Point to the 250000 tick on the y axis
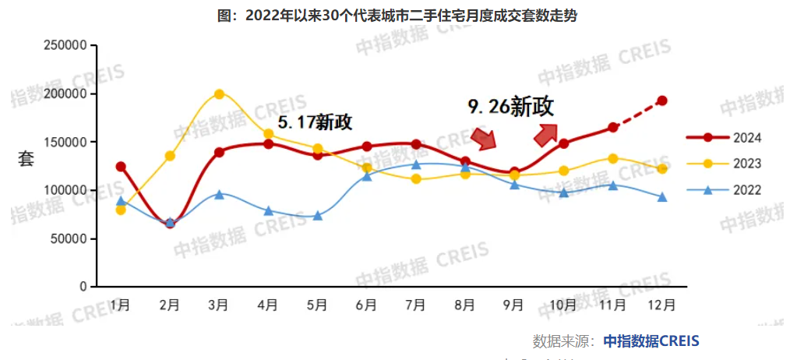click(65, 46)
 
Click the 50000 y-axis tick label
click(69, 238)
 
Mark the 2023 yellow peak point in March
click(219, 94)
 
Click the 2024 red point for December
click(662, 101)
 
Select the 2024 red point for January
click(121, 167)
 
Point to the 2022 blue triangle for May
click(318, 215)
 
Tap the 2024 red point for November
click(613, 127)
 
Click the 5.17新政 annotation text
click(316, 122)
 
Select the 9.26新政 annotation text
click(510, 107)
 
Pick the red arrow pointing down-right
click(484, 139)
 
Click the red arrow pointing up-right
click(545, 134)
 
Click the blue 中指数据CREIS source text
click(651, 341)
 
